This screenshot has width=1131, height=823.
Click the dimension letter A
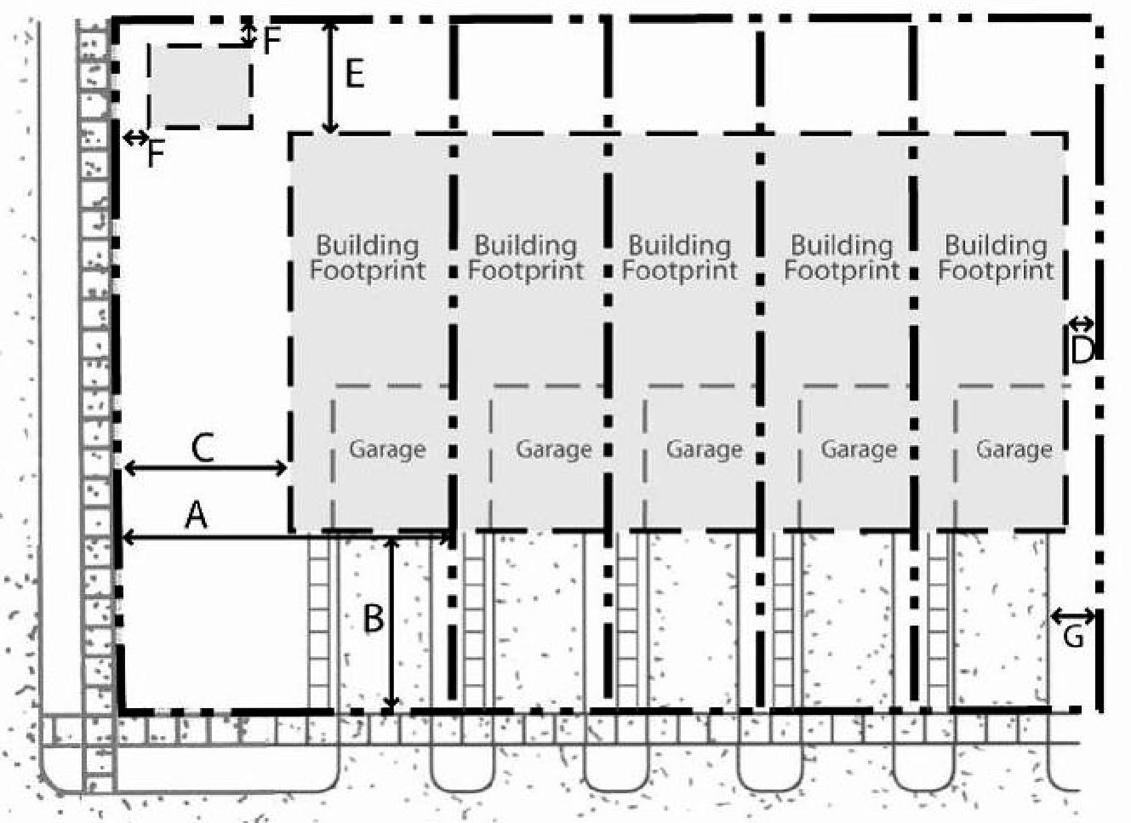[x=197, y=516]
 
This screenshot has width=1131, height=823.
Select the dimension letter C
[x=203, y=449]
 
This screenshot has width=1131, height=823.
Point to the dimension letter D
[x=1082, y=351]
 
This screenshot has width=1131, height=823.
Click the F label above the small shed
[x=271, y=41]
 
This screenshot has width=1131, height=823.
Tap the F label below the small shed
[x=156, y=154]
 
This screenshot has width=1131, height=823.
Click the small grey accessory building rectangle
[x=200, y=86]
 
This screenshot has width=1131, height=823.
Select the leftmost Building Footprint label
[x=368, y=258]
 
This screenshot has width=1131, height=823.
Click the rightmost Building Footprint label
[x=996, y=258]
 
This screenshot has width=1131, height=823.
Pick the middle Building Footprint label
[x=680, y=258]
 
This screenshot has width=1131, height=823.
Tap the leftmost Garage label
[x=387, y=449]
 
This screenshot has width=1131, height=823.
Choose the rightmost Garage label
[x=1014, y=449]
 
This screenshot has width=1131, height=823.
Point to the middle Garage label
[x=705, y=449]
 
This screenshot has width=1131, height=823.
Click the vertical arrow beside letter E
[x=330, y=76]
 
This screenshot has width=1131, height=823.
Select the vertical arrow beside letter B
[x=391, y=622]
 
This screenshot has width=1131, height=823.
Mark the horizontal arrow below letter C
[x=205, y=469]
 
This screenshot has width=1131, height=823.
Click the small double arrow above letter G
[x=1073, y=616]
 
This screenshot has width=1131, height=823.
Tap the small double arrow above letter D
[x=1082, y=323]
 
